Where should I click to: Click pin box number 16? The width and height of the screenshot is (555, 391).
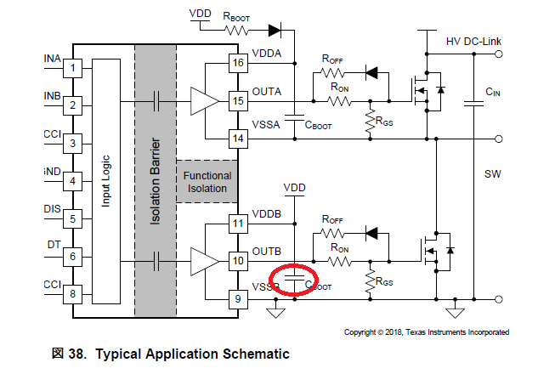pyautogui.click(x=237, y=63)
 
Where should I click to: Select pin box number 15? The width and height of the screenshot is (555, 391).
pyautogui.click(x=237, y=101)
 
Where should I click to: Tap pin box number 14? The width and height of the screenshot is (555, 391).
pyautogui.click(x=237, y=138)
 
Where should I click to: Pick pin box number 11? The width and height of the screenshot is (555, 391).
pyautogui.click(x=237, y=224)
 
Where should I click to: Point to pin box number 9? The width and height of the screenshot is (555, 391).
pyautogui.click(x=237, y=298)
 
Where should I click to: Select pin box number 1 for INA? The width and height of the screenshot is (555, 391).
pyautogui.click(x=75, y=67)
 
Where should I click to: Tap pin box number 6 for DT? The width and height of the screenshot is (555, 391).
pyautogui.click(x=75, y=256)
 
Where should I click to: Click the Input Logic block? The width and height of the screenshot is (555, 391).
pyautogui.click(x=106, y=181)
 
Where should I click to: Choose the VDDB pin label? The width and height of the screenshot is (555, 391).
pyautogui.click(x=267, y=212)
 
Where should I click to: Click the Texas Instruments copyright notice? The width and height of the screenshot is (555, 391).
pyautogui.click(x=426, y=331)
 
